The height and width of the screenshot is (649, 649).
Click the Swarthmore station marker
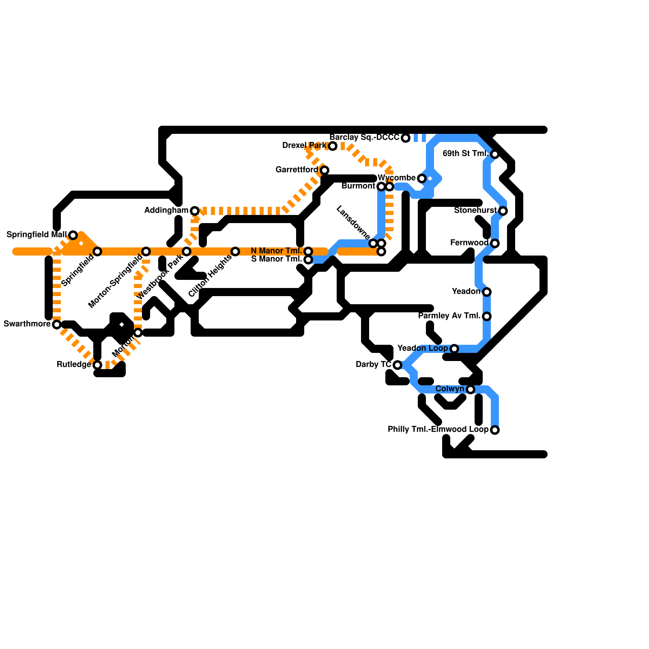tap(57, 324)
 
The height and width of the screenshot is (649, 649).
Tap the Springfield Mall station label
tap(37, 235)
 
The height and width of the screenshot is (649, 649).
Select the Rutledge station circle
tap(97, 365)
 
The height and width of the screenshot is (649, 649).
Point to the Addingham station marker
tap(195, 211)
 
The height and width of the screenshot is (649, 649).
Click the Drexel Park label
tap(304, 146)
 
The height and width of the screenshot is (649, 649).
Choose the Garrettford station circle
tap(324, 170)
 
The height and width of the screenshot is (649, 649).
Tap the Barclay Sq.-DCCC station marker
tap(406, 138)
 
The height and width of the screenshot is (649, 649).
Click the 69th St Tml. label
tap(465, 154)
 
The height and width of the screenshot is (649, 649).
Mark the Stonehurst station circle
tap(503, 211)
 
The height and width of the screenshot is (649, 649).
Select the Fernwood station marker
tap(495, 243)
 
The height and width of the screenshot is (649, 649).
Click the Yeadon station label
tap(466, 292)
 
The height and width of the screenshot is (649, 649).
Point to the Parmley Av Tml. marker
tap(487, 316)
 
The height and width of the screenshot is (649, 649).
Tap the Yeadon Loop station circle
tap(454, 349)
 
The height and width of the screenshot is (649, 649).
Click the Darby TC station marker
tap(398, 365)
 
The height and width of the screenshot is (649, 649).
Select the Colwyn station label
tap(450, 389)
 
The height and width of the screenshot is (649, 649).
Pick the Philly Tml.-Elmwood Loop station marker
tap(495, 430)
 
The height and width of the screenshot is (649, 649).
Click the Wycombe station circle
tap(422, 178)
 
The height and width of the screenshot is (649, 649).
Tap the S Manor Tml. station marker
tap(308, 260)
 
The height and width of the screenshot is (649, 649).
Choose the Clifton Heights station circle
tap(235, 251)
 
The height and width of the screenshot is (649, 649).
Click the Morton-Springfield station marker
tap(146, 251)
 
